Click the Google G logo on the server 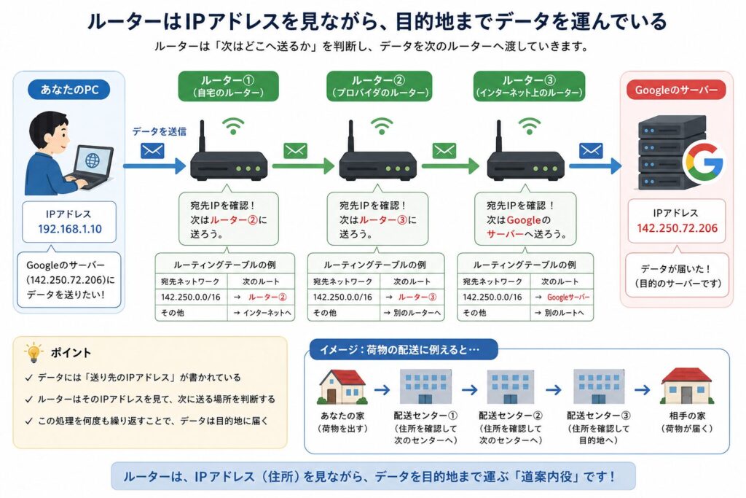(x=705, y=162)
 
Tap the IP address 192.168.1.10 (x=70, y=229)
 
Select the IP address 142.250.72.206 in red (x=677, y=228)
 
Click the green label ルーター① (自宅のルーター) (x=228, y=86)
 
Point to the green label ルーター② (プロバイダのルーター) (x=379, y=86)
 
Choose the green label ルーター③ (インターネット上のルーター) (x=530, y=86)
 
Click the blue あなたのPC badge (x=69, y=90)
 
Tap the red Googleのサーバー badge (x=676, y=90)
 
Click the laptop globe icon (x=93, y=160)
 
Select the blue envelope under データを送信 (x=152, y=151)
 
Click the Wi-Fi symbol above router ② (x=382, y=126)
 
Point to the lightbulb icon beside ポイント (x=34, y=353)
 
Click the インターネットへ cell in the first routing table (x=262, y=313)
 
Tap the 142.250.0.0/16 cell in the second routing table (x=342, y=297)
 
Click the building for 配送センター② (x=510, y=386)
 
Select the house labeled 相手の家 (x=686, y=386)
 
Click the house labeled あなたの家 (x=342, y=386)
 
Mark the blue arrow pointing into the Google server (x=595, y=166)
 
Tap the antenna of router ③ (x=498, y=136)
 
